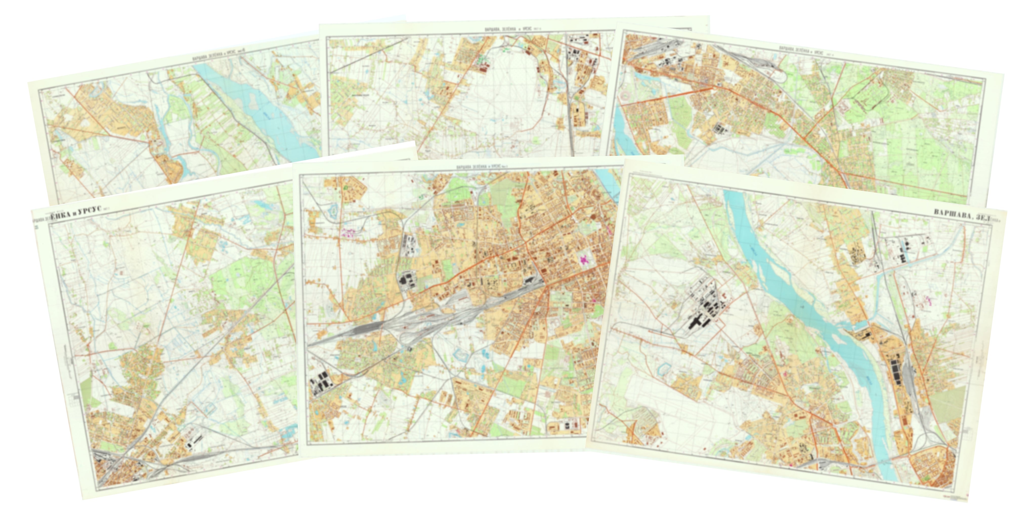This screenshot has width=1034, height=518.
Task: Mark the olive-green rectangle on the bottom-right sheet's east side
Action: pos(947,401)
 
